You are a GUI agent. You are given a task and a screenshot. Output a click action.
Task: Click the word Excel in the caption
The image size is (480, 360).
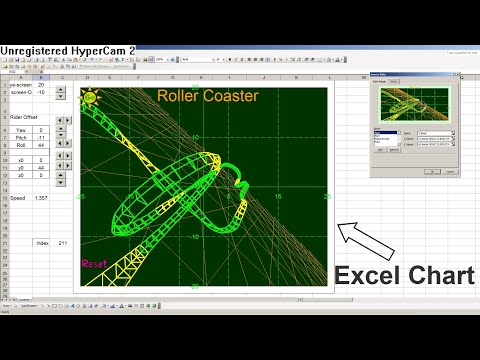click(x=370, y=275)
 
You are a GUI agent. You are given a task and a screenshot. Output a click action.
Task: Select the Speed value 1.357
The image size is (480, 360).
click(x=41, y=198)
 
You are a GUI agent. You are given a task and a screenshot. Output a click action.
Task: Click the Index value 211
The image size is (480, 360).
click(x=63, y=243)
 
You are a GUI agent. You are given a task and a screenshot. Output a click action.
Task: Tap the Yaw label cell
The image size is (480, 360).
click(x=20, y=130)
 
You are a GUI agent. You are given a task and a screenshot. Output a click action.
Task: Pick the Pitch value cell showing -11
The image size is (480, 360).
click(x=41, y=137)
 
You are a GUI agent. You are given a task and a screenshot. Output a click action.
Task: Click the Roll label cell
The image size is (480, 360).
click(x=20, y=145)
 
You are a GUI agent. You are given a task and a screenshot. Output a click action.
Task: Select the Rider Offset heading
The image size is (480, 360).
click(x=24, y=116)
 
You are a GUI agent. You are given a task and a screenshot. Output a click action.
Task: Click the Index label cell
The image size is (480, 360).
click(x=41, y=243)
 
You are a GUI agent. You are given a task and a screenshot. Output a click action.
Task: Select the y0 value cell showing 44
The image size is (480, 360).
click(x=41, y=167)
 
